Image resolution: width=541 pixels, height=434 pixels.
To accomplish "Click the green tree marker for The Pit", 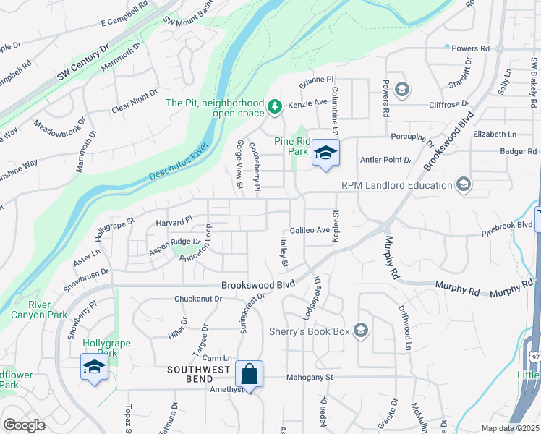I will [x=275, y=108].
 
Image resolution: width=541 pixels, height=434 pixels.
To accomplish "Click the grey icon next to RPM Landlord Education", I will [x=464, y=185].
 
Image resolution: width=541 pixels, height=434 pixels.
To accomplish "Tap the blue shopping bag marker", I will [x=249, y=375].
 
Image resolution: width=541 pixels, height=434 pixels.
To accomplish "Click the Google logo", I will [x=24, y=425].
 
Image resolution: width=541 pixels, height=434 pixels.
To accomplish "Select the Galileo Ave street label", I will [x=310, y=230].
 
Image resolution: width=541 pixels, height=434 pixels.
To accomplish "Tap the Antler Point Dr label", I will [x=385, y=160].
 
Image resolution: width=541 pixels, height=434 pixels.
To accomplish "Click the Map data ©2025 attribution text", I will [x=509, y=428].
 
